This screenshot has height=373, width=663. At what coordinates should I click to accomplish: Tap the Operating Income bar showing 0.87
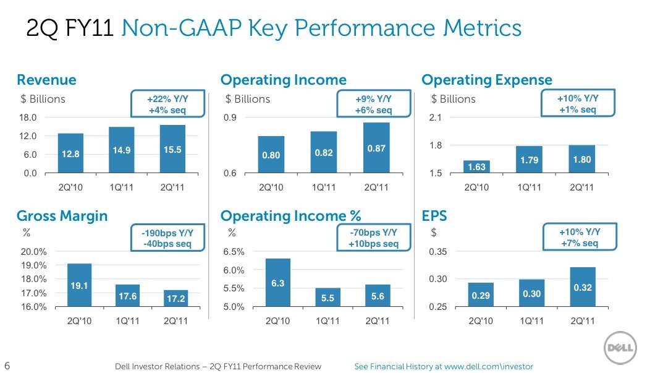[x=376, y=148]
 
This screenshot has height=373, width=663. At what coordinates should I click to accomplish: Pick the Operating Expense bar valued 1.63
[x=476, y=167]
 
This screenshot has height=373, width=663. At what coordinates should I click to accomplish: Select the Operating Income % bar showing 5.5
[x=327, y=298]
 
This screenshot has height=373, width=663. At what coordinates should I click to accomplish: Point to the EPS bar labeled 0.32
[x=583, y=287]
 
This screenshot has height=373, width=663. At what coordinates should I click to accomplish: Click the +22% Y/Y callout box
[x=167, y=105]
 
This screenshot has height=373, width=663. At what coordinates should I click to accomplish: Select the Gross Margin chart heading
[x=62, y=216]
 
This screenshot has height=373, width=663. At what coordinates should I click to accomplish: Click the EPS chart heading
[x=434, y=216]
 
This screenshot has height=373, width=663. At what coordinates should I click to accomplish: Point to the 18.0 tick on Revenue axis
[x=28, y=118]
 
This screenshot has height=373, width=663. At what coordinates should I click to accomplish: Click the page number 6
[x=7, y=366]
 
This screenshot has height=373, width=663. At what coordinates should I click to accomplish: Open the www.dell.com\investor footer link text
[x=488, y=366]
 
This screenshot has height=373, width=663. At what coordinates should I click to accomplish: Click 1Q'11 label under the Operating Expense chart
[x=528, y=187]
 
